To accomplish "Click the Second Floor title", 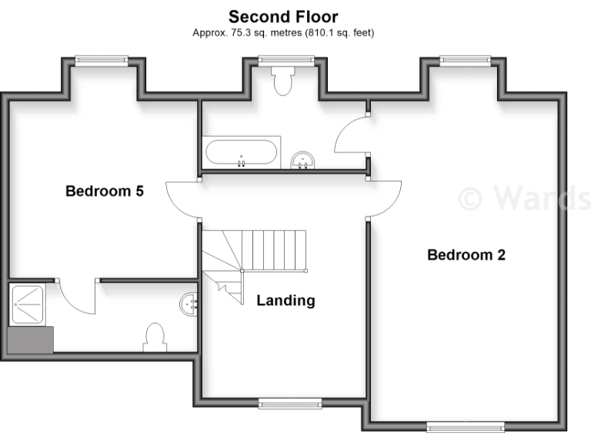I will pyautogui.click(x=283, y=16).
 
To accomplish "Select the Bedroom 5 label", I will pyautogui.click(x=105, y=191).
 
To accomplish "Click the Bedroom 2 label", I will pyautogui.click(x=466, y=255).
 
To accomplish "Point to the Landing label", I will pyautogui.click(x=285, y=301).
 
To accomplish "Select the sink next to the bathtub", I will pyautogui.click(x=305, y=159).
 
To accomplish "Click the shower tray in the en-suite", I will pyautogui.click(x=29, y=304).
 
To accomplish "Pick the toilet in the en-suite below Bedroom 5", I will pyautogui.click(x=155, y=337).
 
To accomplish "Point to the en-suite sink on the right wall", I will pyautogui.click(x=189, y=304).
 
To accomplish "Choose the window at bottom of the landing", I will pyautogui.click(x=290, y=402).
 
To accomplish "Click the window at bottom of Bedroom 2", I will pyautogui.click(x=466, y=425).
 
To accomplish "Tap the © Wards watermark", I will pyautogui.click(x=523, y=197).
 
